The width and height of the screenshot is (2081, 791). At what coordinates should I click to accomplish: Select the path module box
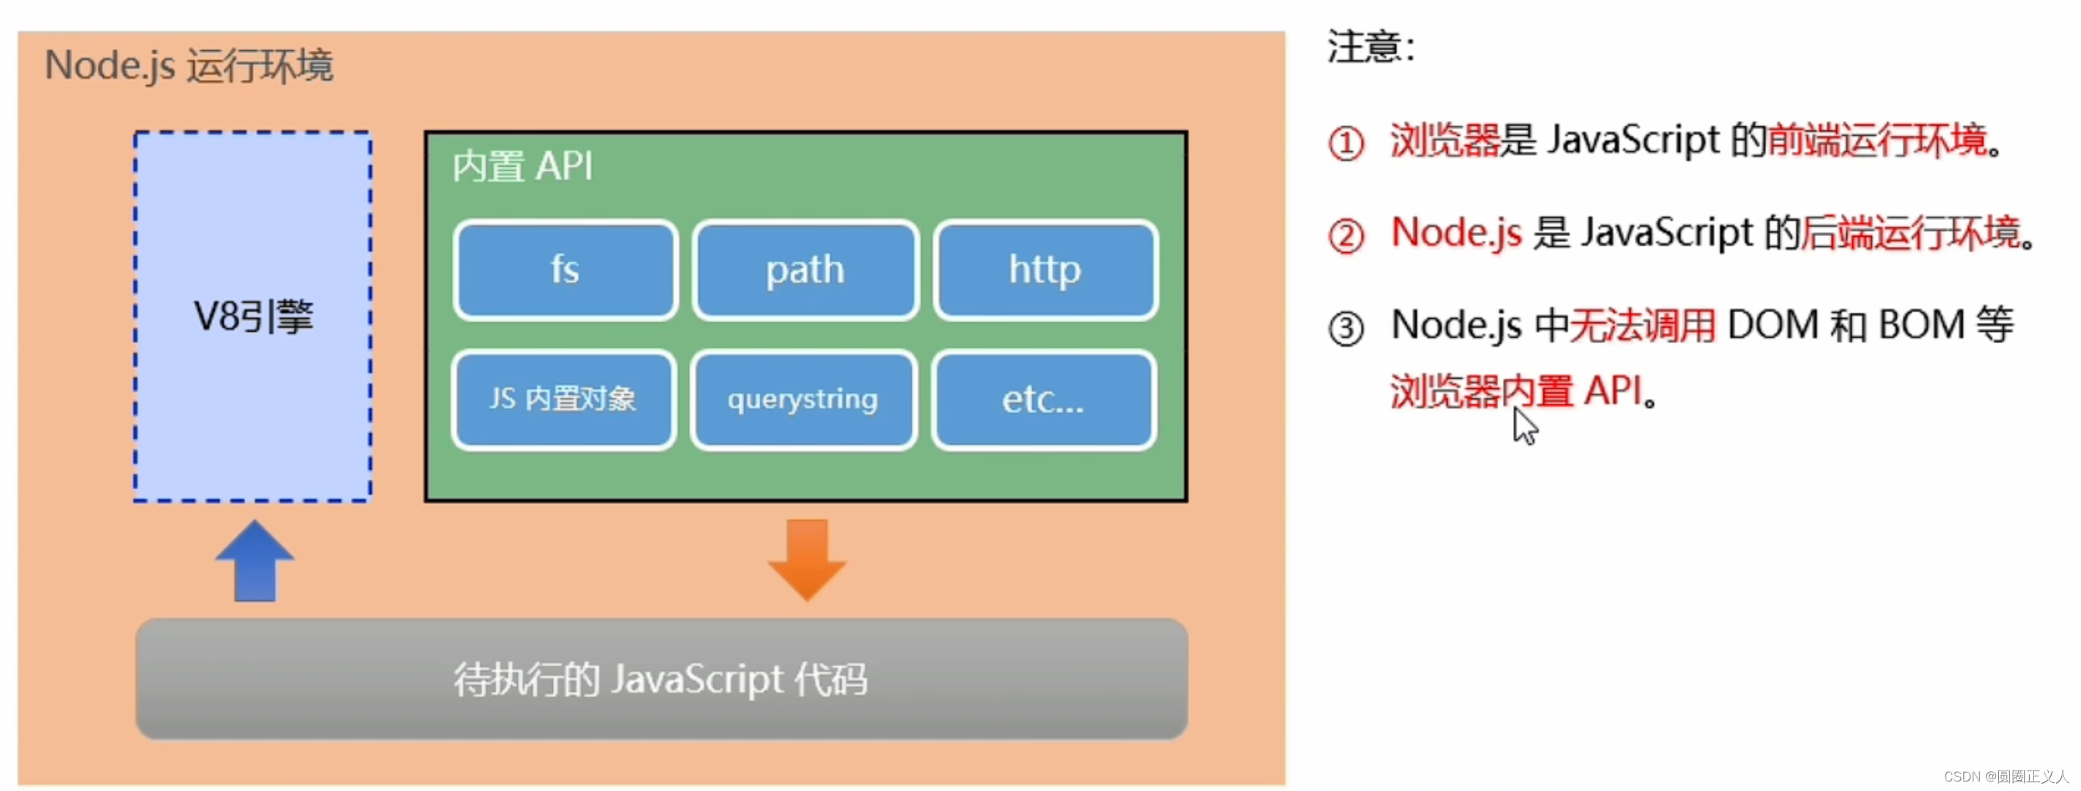tap(804, 270)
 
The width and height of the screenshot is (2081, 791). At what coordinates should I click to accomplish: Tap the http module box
tap(1045, 270)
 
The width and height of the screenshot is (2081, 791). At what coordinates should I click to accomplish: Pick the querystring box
tap(802, 399)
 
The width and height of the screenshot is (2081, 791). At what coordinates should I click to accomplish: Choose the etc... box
tap(1043, 399)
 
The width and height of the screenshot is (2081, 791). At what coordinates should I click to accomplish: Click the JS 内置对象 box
tap(563, 399)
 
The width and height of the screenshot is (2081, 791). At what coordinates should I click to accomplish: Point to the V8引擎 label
tap(253, 316)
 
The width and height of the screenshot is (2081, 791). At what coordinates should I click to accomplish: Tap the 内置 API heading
tap(523, 166)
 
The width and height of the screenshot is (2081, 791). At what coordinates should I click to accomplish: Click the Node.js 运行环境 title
tap(188, 65)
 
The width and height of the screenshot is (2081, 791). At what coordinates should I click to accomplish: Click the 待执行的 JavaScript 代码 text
tap(660, 679)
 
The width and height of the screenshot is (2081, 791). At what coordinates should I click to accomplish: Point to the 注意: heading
tap(1370, 46)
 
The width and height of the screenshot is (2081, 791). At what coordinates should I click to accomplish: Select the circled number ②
tap(1346, 236)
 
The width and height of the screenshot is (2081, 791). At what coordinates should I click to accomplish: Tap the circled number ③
tap(1346, 329)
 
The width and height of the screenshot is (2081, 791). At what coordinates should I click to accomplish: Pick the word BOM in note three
tap(1921, 325)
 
